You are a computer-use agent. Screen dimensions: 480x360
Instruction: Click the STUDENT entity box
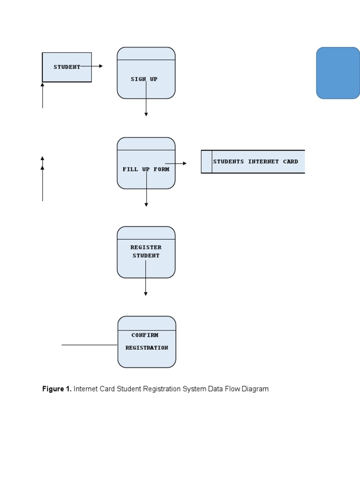pyautogui.click(x=67, y=67)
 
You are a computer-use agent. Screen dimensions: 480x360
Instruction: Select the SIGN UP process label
pyautogui.click(x=144, y=79)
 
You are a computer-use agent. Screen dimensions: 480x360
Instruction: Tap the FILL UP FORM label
pyautogui.click(x=146, y=169)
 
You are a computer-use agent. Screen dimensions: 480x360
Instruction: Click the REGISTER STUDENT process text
pyautogui.click(x=146, y=251)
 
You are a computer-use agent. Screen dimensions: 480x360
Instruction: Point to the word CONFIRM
pyautogui.click(x=145, y=335)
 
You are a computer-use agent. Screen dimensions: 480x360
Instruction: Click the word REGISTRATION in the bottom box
pyautogui.click(x=147, y=348)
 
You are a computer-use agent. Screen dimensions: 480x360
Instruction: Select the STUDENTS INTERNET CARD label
pyautogui.click(x=255, y=161)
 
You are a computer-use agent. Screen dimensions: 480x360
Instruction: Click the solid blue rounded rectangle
pyautogui.click(x=338, y=73)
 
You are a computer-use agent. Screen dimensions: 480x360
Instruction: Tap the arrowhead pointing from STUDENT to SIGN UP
pyautogui.click(x=100, y=66)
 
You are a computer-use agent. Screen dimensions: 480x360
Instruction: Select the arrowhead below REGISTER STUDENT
pyautogui.click(x=146, y=294)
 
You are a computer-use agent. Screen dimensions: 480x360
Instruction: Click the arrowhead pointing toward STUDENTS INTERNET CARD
pyautogui.click(x=185, y=164)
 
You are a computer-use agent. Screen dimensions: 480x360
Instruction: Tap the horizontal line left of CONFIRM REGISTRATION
pyautogui.click(x=89, y=345)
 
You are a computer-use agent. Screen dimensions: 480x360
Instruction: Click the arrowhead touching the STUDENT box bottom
pyautogui.click(x=42, y=85)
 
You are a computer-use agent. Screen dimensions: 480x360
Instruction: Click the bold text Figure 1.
pyautogui.click(x=57, y=389)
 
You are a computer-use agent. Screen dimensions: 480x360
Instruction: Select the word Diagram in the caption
pyautogui.click(x=255, y=389)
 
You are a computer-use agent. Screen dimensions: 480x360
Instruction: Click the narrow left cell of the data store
pyautogui.click(x=207, y=162)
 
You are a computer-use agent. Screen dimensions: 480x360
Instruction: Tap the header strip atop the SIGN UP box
pyautogui.click(x=146, y=53)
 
